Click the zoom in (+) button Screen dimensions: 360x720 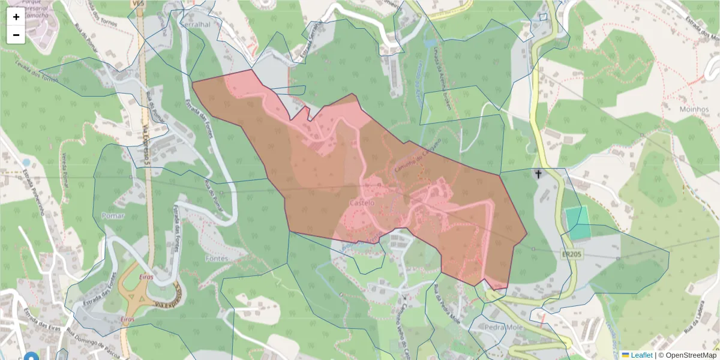tap(16, 17)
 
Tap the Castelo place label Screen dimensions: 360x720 tap(361, 203)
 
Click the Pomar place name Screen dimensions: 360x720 tap(113, 215)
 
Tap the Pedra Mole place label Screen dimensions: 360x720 tap(503, 328)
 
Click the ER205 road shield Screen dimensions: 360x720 tap(571, 254)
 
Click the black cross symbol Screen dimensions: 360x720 tap(538, 175)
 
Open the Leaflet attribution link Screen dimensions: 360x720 tap(641, 355)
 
